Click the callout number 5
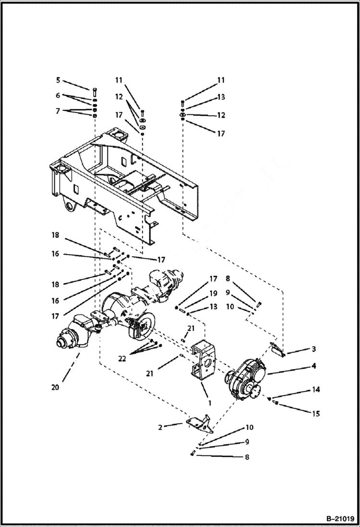tap(58, 80)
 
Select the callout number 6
tap(58, 96)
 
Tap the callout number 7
tap(58, 111)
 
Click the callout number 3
tap(313, 349)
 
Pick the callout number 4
tap(313, 366)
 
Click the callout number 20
tap(55, 387)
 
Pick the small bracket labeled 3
tap(277, 350)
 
